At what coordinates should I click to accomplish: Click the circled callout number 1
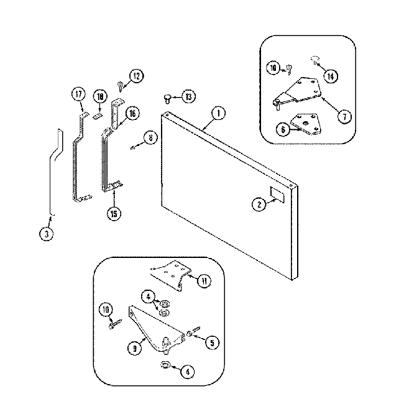pyautogui.click(x=218, y=113)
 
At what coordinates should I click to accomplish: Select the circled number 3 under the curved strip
pyautogui.click(x=45, y=234)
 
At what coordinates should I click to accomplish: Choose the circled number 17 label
pyautogui.click(x=78, y=94)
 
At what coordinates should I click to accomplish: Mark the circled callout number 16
pyautogui.click(x=132, y=113)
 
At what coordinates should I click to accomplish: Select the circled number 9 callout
pyautogui.click(x=134, y=349)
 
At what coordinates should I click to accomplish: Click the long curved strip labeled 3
pyautogui.click(x=52, y=168)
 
